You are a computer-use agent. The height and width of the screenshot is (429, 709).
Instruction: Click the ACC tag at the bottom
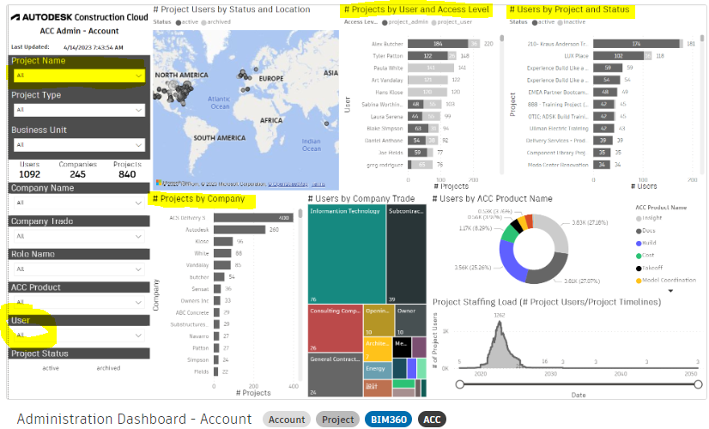[432, 420]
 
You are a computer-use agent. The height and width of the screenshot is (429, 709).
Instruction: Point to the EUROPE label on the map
[271, 79]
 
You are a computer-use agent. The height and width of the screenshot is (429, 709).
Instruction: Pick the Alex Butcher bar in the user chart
[438, 43]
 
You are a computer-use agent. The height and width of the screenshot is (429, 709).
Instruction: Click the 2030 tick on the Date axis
[549, 374]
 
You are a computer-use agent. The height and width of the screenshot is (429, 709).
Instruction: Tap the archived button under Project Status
[108, 368]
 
